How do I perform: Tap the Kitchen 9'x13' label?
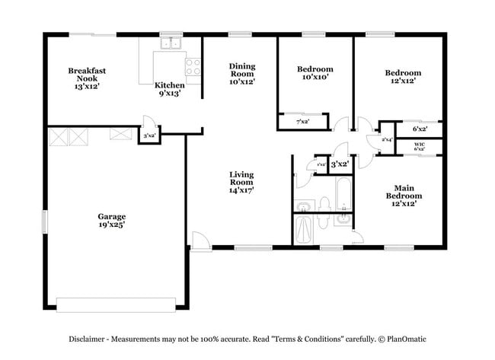pos(169,89)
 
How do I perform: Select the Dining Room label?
pos(241,74)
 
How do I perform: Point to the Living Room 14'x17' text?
pos(241,183)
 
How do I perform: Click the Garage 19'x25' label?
pos(111,220)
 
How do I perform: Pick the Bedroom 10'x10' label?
pos(315,74)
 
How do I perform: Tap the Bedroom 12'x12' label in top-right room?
pos(402,78)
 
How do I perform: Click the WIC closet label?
pos(420,146)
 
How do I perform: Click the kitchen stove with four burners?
pos(193,66)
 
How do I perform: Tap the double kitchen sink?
pos(171,43)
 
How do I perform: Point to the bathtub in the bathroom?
pos(342,193)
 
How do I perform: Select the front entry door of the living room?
pos(200,242)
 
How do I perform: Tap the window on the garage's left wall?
pos(44,221)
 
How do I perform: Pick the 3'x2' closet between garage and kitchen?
pos(149,135)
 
